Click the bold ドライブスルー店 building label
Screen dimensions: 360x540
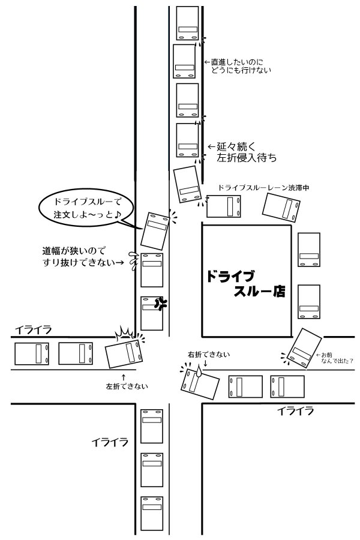[x=245, y=283]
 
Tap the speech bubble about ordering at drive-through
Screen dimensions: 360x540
[x=86, y=208]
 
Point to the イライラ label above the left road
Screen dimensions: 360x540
[x=34, y=330]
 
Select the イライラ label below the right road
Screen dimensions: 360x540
[x=296, y=411]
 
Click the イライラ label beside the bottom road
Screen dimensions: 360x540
[x=110, y=442]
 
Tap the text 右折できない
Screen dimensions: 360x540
[x=209, y=355]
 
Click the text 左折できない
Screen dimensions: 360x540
[x=127, y=386]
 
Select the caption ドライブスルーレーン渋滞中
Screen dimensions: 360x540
[x=263, y=188]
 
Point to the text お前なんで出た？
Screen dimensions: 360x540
[x=337, y=358]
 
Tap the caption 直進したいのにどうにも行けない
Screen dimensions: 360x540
[x=238, y=66]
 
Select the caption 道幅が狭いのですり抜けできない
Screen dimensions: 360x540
[x=83, y=257]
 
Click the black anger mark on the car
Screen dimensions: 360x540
[x=160, y=304]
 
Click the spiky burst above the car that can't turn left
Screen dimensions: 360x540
[x=124, y=332]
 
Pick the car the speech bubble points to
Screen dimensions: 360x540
[x=155, y=231]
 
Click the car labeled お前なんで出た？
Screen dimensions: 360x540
[x=305, y=348]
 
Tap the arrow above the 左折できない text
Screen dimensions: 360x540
[x=124, y=377]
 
